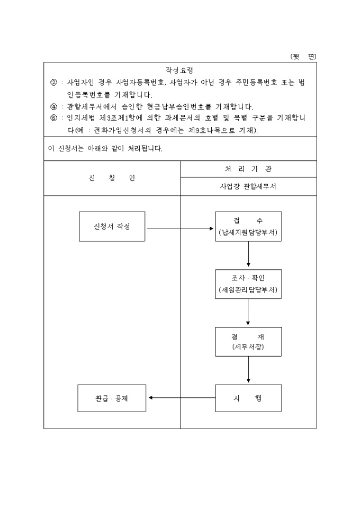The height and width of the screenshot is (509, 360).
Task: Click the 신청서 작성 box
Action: click(x=112, y=226)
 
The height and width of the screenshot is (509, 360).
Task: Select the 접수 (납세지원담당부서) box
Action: click(x=248, y=226)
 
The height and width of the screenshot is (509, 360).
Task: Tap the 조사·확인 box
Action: click(x=248, y=284)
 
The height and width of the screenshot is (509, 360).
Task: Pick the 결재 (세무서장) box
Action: click(x=248, y=342)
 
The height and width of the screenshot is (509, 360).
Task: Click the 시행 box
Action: click(x=248, y=398)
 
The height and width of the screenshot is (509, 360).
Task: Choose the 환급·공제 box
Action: click(x=112, y=398)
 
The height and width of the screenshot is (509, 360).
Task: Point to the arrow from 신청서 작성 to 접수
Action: click(x=180, y=229)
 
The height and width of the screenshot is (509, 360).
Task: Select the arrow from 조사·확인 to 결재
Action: click(x=248, y=313)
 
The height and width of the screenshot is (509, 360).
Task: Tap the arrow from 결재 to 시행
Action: click(x=248, y=370)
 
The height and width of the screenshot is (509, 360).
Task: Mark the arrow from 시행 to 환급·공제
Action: click(x=182, y=398)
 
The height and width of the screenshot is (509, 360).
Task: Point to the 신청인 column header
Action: click(x=112, y=178)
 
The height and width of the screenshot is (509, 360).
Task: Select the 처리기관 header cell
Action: click(x=248, y=169)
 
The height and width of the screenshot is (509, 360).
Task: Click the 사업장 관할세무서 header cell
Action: click(x=248, y=187)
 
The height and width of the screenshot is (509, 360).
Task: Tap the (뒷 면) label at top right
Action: click(x=303, y=56)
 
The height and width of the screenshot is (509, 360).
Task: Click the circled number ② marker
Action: click(x=53, y=83)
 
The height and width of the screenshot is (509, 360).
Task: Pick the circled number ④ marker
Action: click(x=53, y=106)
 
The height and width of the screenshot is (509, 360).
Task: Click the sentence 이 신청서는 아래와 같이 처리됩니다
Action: click(x=105, y=149)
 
